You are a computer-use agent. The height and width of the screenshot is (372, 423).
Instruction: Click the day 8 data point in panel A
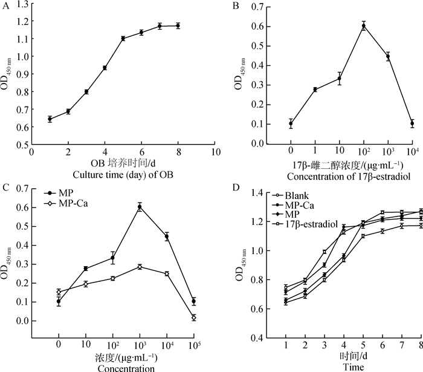(x=178, y=26)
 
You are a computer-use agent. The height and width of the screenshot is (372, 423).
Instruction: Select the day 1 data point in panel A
(x=50, y=119)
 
